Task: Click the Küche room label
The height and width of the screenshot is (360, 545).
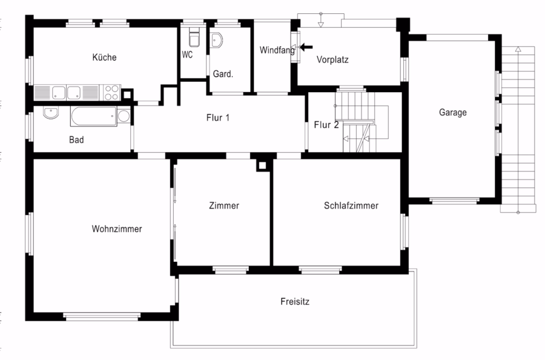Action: pos(104,57)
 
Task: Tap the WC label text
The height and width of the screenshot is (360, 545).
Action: pos(187,55)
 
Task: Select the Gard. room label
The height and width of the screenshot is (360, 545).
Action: pos(223,74)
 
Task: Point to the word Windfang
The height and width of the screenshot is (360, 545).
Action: pos(277,50)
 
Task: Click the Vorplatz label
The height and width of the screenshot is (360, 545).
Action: pos(332,59)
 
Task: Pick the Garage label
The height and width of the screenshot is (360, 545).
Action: pos(452,112)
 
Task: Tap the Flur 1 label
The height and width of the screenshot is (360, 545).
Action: pos(218,118)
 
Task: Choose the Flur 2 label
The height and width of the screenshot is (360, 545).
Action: pos(326,124)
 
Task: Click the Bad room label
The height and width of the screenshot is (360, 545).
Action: pos(76,140)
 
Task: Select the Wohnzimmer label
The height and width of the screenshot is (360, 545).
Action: pos(117,229)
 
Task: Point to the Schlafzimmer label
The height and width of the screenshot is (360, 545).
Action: pos(351,205)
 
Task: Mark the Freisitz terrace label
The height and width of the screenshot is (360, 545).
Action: pos(295,302)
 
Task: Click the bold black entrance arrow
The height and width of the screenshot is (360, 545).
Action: pos(306,47)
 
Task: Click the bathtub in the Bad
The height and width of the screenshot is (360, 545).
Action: pos(93,116)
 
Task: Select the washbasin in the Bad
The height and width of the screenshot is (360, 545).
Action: pos(51,113)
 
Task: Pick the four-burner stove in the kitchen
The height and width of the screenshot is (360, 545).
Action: pos(112,93)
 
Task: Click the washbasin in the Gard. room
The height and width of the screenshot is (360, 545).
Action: pos(217,41)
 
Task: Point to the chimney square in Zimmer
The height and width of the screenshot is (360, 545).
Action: pos(262,165)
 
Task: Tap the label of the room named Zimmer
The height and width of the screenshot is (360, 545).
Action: pos(224,205)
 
